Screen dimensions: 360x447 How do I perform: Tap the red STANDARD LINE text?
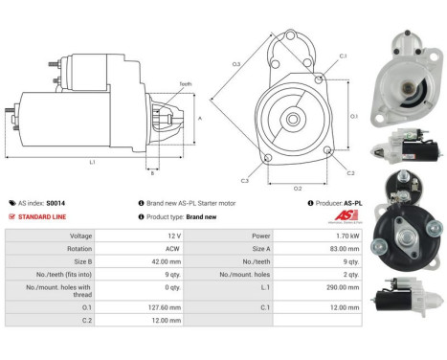point(46,217)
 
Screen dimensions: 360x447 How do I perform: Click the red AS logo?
point(352,215)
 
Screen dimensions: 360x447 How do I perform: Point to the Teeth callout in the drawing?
point(185,84)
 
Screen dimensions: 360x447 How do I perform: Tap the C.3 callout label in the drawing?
point(245,180)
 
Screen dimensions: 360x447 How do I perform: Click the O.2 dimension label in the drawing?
point(298,189)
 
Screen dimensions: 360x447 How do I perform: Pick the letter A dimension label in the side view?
point(199,118)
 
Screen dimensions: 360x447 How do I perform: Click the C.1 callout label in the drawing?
point(342,56)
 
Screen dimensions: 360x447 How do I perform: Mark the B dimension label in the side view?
point(151,173)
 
